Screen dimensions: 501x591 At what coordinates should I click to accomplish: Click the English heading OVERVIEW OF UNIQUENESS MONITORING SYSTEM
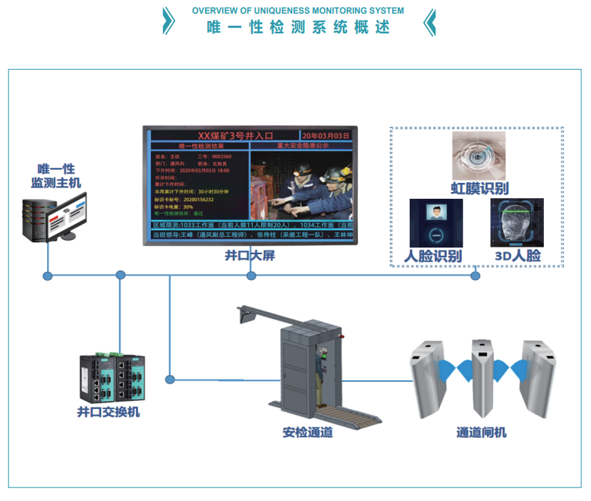coord(297,11)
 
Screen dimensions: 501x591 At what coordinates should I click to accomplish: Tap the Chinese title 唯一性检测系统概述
coord(298,27)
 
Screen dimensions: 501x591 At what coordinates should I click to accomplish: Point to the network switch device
coord(111,377)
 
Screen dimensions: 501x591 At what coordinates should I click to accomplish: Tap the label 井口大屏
coord(250,256)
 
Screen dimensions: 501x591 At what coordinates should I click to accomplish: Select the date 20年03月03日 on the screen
coord(325,134)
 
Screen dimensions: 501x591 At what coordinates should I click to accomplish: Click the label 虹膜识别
coord(479,188)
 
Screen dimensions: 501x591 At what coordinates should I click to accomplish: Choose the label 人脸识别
coord(435,256)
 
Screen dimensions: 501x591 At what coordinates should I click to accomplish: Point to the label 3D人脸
coord(517,256)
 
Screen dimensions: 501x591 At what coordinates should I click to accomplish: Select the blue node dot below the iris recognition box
coord(476,276)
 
